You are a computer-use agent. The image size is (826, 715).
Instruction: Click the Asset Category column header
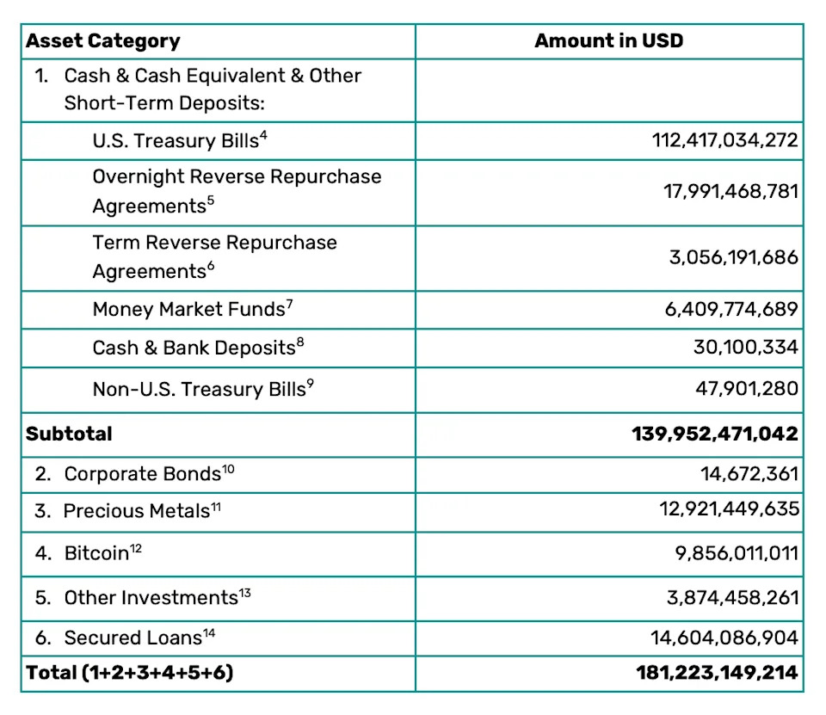click(102, 40)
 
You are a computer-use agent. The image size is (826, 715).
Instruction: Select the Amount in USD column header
click(608, 40)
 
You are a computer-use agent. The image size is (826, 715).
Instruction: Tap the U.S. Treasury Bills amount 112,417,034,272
click(725, 140)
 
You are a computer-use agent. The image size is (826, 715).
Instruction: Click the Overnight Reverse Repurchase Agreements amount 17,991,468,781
click(730, 191)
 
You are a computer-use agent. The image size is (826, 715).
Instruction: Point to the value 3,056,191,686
click(734, 257)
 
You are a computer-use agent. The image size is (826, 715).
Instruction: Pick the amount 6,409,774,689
click(731, 309)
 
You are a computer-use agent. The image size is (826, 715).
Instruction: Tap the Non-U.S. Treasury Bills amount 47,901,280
click(747, 389)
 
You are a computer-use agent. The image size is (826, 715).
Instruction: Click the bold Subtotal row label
click(69, 434)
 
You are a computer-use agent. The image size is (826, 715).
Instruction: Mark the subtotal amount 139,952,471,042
click(715, 434)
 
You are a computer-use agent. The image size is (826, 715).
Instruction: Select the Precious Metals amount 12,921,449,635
click(730, 511)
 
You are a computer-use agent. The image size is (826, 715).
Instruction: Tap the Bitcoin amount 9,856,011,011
click(737, 552)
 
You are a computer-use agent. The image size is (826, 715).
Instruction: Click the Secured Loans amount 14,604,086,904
click(724, 638)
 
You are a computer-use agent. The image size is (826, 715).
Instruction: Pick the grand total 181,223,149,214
click(716, 672)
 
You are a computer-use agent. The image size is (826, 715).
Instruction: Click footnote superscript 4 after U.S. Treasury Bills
click(263, 133)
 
